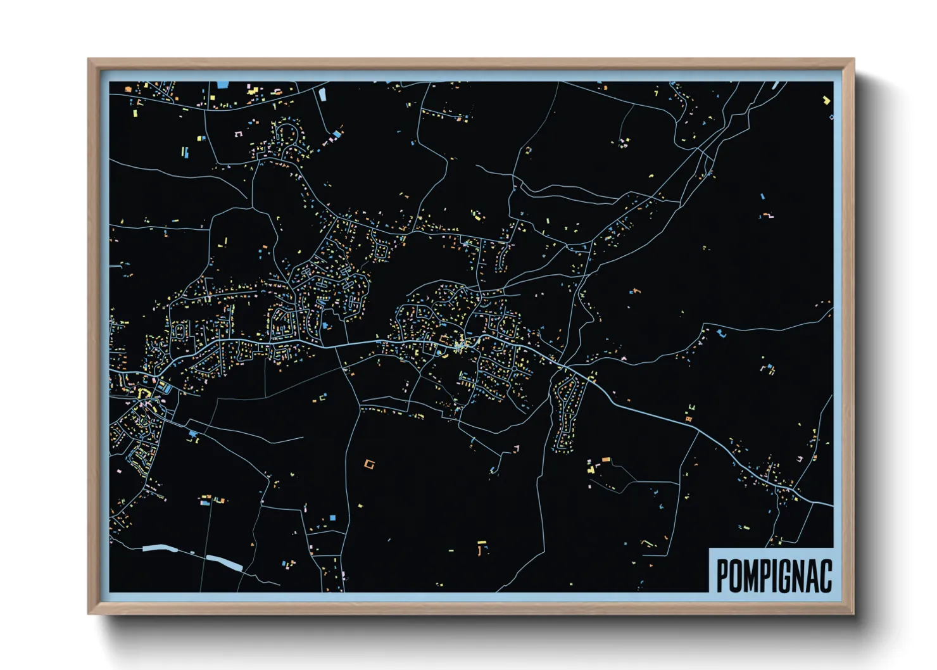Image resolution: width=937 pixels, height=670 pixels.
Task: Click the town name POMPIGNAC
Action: (774, 576)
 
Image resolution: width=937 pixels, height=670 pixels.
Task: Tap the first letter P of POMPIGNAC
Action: (722, 576)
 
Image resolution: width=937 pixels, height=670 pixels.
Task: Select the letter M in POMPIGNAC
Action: (750, 576)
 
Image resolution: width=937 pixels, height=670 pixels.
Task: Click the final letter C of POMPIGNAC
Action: (826, 576)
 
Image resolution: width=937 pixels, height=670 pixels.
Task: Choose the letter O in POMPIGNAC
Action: (736, 576)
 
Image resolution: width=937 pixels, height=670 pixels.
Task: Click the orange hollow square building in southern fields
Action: (370, 464)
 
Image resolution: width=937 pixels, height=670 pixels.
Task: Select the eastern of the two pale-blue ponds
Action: (225, 562)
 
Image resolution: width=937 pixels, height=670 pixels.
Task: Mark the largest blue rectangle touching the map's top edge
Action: (222, 84)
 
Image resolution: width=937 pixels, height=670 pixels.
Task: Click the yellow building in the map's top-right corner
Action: (826, 99)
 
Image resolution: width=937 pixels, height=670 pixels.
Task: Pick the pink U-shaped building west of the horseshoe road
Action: (239, 134)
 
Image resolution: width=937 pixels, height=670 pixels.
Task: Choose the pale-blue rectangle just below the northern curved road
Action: (322, 95)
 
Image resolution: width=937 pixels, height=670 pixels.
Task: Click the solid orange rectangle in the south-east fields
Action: (605, 459)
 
